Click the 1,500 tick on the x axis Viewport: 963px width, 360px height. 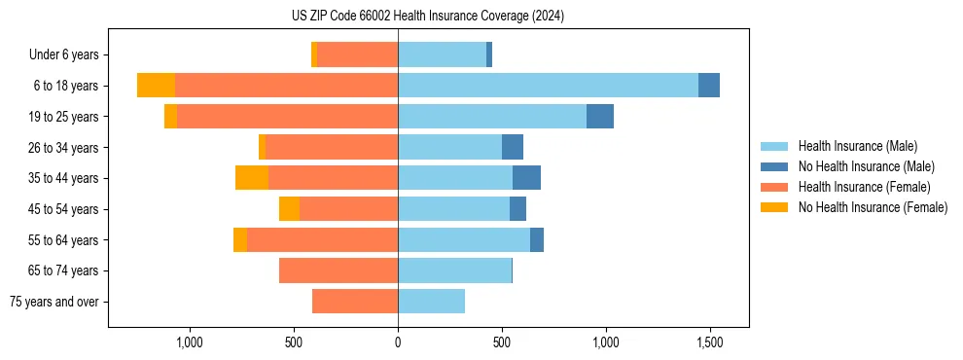click(709, 342)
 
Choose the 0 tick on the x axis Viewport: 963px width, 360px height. click(398, 342)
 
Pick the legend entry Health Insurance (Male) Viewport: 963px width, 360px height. click(857, 146)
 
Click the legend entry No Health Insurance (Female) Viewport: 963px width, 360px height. click(873, 207)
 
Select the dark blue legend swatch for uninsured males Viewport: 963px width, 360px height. click(774, 166)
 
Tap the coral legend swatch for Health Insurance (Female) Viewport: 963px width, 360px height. click(774, 187)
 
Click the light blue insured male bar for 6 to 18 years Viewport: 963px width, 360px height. click(548, 86)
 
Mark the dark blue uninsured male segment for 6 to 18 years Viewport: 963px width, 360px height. click(709, 86)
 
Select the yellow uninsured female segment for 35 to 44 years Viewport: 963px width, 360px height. click(252, 178)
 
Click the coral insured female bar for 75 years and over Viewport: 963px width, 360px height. click(355, 302)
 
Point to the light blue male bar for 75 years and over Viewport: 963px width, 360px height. click(431, 302)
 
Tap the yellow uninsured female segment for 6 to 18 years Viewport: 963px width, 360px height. click(156, 86)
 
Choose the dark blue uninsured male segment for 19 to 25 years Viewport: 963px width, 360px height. click(600, 117)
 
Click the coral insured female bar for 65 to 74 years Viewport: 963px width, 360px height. click(339, 270)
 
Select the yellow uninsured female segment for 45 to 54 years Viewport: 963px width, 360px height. click(289, 209)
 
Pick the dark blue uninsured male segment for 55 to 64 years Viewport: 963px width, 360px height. click(537, 239)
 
